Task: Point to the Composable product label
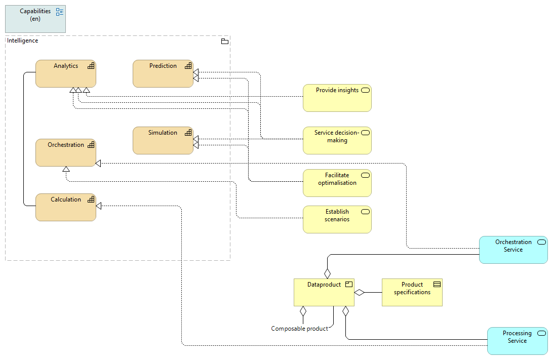point(299,329)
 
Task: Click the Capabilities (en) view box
point(35,19)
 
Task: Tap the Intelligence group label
point(22,41)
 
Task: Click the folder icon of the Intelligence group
point(225,41)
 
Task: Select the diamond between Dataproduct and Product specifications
point(360,292)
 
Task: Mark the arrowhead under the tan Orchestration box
point(66,169)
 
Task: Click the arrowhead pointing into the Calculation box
point(99,206)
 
